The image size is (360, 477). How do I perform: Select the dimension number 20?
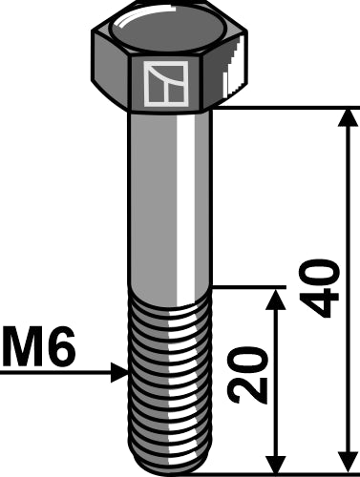[246, 374]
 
